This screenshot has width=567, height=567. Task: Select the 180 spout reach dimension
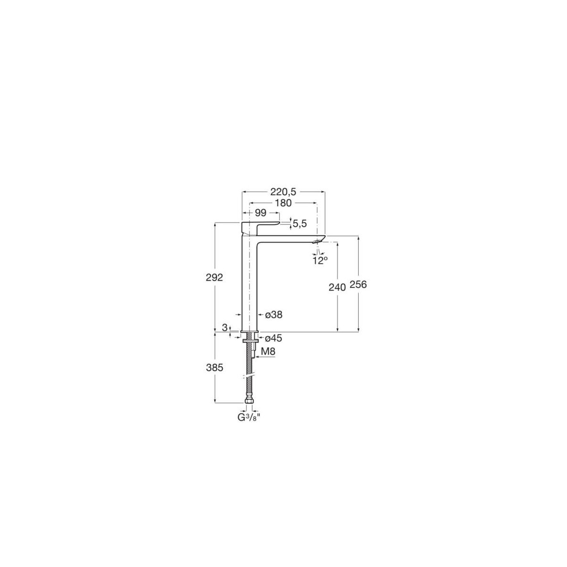[x=283, y=203]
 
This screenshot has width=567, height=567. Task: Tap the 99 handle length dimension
[x=260, y=213]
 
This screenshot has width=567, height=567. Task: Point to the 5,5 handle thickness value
[x=300, y=224]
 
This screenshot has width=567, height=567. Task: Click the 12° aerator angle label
[x=320, y=260]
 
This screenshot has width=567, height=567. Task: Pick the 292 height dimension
[x=215, y=277]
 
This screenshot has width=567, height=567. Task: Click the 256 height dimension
[x=359, y=284]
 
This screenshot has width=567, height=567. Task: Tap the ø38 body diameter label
[x=274, y=315]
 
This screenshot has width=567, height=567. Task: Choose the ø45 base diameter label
[x=274, y=338]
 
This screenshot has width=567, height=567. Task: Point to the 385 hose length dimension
[x=215, y=367]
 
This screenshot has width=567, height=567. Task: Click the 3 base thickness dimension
[x=225, y=327]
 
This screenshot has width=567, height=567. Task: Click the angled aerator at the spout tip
[x=318, y=242]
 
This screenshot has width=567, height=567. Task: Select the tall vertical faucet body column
[x=249, y=283]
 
